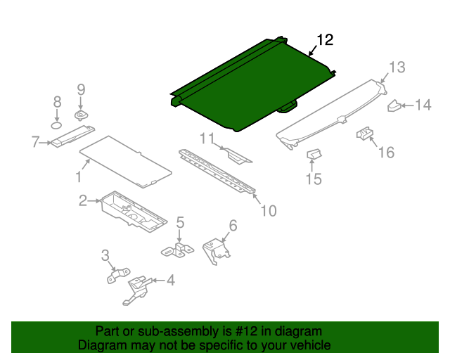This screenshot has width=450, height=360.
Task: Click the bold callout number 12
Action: click(x=325, y=40)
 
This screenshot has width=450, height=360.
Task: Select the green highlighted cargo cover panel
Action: click(x=252, y=84)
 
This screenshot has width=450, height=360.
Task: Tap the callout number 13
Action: click(x=397, y=67)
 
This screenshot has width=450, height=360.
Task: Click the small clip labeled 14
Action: click(x=394, y=105)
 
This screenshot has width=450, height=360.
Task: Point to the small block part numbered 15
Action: click(x=314, y=155)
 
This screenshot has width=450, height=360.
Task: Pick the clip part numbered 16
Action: click(x=364, y=133)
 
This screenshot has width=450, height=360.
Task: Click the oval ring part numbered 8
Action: click(x=57, y=125)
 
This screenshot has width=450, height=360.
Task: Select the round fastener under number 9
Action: click(x=82, y=115)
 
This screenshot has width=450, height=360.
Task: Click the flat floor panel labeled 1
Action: click(x=126, y=161)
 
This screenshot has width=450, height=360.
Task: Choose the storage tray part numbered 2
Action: click(x=134, y=212)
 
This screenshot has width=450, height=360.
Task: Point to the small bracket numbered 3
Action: click(x=118, y=276)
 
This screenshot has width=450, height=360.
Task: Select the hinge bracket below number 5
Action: click(x=177, y=250)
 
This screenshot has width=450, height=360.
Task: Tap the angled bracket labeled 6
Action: click(x=217, y=250)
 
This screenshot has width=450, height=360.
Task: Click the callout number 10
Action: click(x=269, y=211)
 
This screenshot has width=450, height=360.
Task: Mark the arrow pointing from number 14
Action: click(x=408, y=105)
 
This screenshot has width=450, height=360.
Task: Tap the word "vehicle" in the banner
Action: click(x=312, y=345)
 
